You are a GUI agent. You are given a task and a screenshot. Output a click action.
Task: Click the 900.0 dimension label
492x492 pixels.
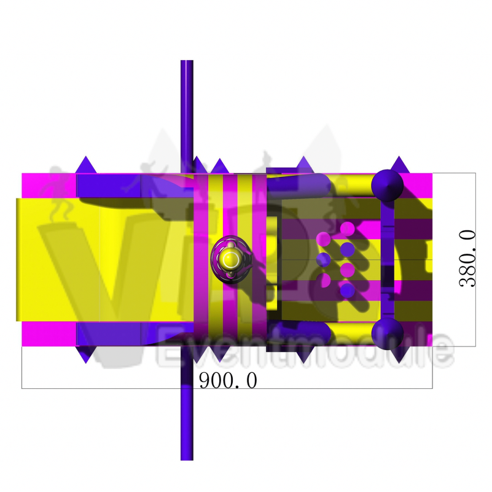[x=228, y=380]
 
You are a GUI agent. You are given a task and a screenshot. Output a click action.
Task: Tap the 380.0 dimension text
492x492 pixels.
[x=467, y=259]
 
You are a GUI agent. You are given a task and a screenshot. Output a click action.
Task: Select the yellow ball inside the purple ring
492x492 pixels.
[x=231, y=259]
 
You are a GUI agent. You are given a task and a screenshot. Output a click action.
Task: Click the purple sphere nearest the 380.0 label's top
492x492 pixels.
[x=387, y=185]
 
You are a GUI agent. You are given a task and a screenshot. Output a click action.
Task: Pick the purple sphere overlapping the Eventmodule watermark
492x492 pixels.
[x=387, y=334]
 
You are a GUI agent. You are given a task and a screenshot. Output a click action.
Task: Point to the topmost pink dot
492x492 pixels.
[x=348, y=228]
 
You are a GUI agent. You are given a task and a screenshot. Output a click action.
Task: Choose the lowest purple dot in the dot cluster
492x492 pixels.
[x=348, y=291]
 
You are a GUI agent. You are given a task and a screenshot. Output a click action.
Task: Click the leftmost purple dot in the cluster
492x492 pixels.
[x=323, y=259]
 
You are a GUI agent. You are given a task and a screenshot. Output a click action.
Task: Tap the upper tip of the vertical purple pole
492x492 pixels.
[x=187, y=61]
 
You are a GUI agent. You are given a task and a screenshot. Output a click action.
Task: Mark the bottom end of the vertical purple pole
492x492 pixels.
[x=187, y=459]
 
